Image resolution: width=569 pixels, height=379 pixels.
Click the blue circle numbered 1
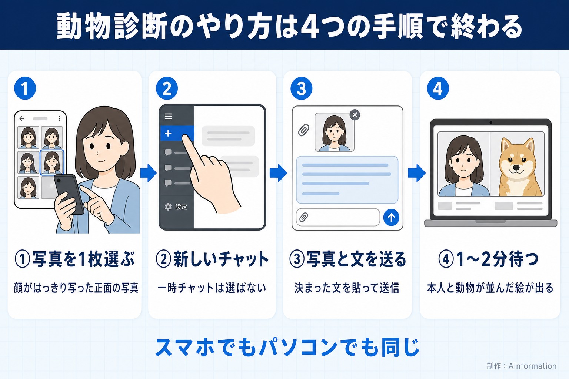pyautogui.click(x=25, y=88)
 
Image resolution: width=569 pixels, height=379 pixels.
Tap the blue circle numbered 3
pyautogui.click(x=301, y=88)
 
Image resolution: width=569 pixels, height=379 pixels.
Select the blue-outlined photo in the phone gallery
pyautogui.click(x=52, y=162)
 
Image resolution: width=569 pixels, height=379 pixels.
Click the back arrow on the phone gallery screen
pyautogui.click(x=22, y=118)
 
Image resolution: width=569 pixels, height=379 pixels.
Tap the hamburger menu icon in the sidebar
pyautogui.click(x=168, y=116)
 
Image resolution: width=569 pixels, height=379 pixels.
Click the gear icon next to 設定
pyautogui.click(x=168, y=207)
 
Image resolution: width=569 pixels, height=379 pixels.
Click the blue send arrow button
pyautogui.click(x=391, y=218)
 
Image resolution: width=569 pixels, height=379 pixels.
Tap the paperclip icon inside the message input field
pyautogui.click(x=303, y=217)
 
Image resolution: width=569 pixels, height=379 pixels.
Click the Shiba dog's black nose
pyautogui.click(x=516, y=168)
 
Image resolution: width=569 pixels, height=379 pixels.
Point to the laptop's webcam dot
pyautogui.click(x=491, y=123)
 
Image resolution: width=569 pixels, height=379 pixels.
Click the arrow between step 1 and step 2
pyautogui.click(x=149, y=173)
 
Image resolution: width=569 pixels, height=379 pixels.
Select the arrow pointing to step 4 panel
pyautogui.click(x=417, y=173)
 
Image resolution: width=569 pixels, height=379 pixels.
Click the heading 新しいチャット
pyautogui.click(x=221, y=259)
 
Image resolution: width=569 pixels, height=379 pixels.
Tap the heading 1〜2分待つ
pyautogui.click(x=497, y=259)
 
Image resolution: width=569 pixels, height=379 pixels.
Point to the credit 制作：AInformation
pyautogui.click(x=522, y=366)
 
